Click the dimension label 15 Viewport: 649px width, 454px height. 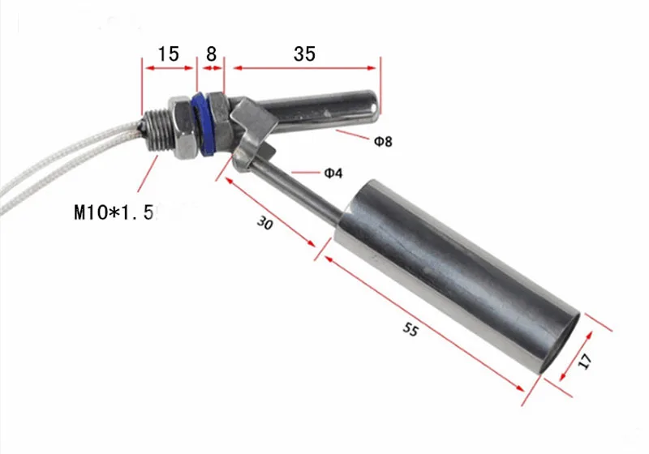pos(169,54)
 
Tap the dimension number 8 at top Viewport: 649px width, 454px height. pos(211,54)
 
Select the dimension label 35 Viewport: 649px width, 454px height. pos(305,54)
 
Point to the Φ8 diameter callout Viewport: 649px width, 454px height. pos(383,141)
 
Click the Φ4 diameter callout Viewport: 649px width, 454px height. pos(333,173)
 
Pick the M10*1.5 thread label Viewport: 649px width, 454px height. pos(114,212)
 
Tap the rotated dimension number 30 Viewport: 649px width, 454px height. pos(265,223)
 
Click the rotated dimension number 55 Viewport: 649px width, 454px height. pos(410,329)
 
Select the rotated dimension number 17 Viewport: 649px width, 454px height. pos(585,362)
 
